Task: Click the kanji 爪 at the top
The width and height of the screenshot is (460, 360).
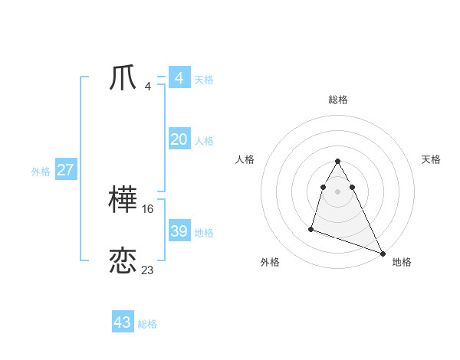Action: [123, 78]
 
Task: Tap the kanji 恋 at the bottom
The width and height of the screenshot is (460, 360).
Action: [123, 261]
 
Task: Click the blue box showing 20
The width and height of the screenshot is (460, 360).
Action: [179, 139]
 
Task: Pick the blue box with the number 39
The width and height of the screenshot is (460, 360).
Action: [179, 231]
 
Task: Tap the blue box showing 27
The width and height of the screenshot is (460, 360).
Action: [66, 170]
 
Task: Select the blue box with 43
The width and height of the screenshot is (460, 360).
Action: [123, 322]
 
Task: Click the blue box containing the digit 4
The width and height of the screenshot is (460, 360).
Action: [179, 78]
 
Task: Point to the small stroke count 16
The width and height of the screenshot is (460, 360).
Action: [148, 208]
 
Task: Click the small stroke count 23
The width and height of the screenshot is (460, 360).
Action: [148, 270]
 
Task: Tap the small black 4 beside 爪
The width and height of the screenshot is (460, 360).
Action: [148, 86]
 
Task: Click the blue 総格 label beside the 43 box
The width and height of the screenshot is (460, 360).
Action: [147, 324]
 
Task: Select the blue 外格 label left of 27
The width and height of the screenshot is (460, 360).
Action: [41, 172]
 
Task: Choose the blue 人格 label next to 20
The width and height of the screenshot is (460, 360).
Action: [204, 141]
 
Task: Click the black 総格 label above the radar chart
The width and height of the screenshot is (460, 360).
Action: [338, 100]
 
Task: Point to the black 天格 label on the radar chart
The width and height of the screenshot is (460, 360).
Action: [432, 159]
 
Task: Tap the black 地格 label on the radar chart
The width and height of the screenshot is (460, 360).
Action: [402, 262]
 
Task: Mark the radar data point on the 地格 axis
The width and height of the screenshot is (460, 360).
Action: [383, 254]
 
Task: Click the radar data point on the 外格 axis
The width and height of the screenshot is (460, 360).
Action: [311, 228]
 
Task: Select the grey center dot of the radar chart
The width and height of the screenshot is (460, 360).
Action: [338, 191]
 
